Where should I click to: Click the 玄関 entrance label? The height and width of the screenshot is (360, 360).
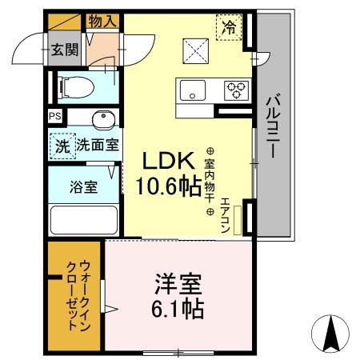coord(66,50)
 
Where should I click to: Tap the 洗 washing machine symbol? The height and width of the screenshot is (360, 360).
coord(62,146)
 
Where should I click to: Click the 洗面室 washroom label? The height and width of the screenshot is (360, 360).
coord(98,146)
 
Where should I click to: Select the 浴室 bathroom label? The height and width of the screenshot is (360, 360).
coord(84,188)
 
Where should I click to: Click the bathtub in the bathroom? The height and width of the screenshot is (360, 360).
coord(83,220)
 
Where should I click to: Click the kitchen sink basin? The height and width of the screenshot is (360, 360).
coord(192,89)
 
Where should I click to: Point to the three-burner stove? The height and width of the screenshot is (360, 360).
coord(237,89)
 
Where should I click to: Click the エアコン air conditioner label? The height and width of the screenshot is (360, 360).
coord(226,214)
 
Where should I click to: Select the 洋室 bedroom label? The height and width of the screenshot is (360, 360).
coord(178,285)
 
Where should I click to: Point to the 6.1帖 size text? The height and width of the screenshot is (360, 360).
coord(178,309)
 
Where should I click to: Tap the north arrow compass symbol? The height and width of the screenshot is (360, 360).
coord(333,331)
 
